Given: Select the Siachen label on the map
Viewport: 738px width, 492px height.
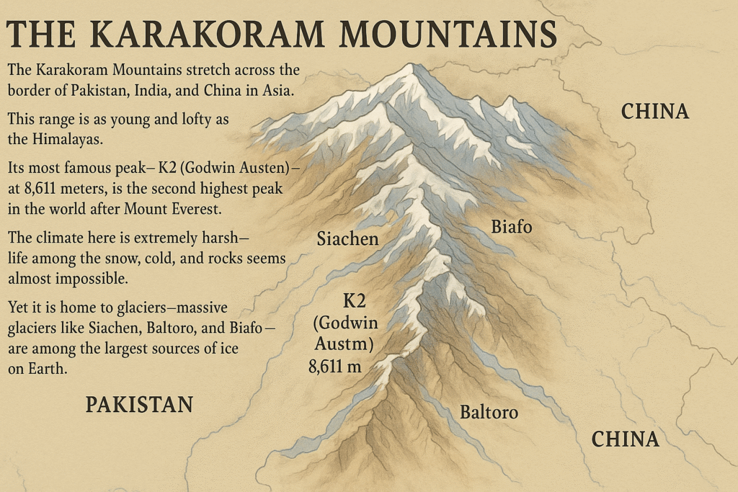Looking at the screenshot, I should point(347,238).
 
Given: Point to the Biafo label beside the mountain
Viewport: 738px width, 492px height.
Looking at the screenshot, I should point(511,227).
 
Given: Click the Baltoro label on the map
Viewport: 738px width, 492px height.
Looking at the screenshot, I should point(489,413).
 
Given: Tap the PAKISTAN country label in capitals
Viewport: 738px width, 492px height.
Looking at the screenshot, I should point(139,405).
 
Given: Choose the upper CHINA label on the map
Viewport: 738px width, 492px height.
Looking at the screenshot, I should point(655,112).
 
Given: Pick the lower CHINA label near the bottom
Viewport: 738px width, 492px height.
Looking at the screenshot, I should point(625,439).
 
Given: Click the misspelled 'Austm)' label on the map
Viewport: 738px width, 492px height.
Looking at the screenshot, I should point(345,344).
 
